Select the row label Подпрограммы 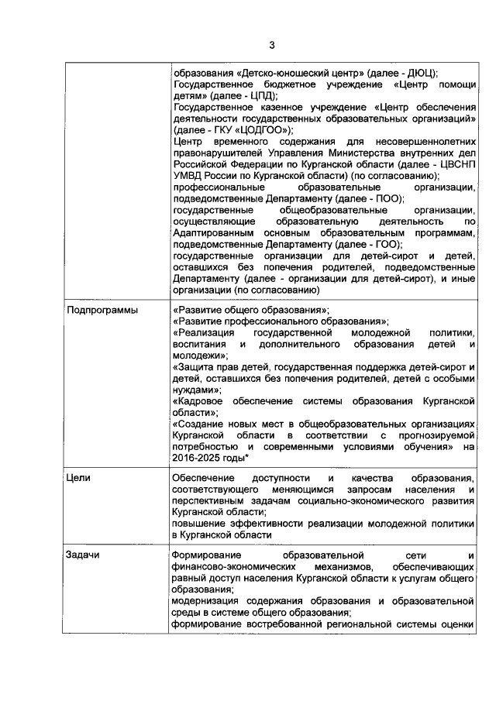[x=98, y=310]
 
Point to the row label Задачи [x=83, y=555]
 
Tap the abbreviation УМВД [x=189, y=176]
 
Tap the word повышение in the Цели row [x=200, y=524]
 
